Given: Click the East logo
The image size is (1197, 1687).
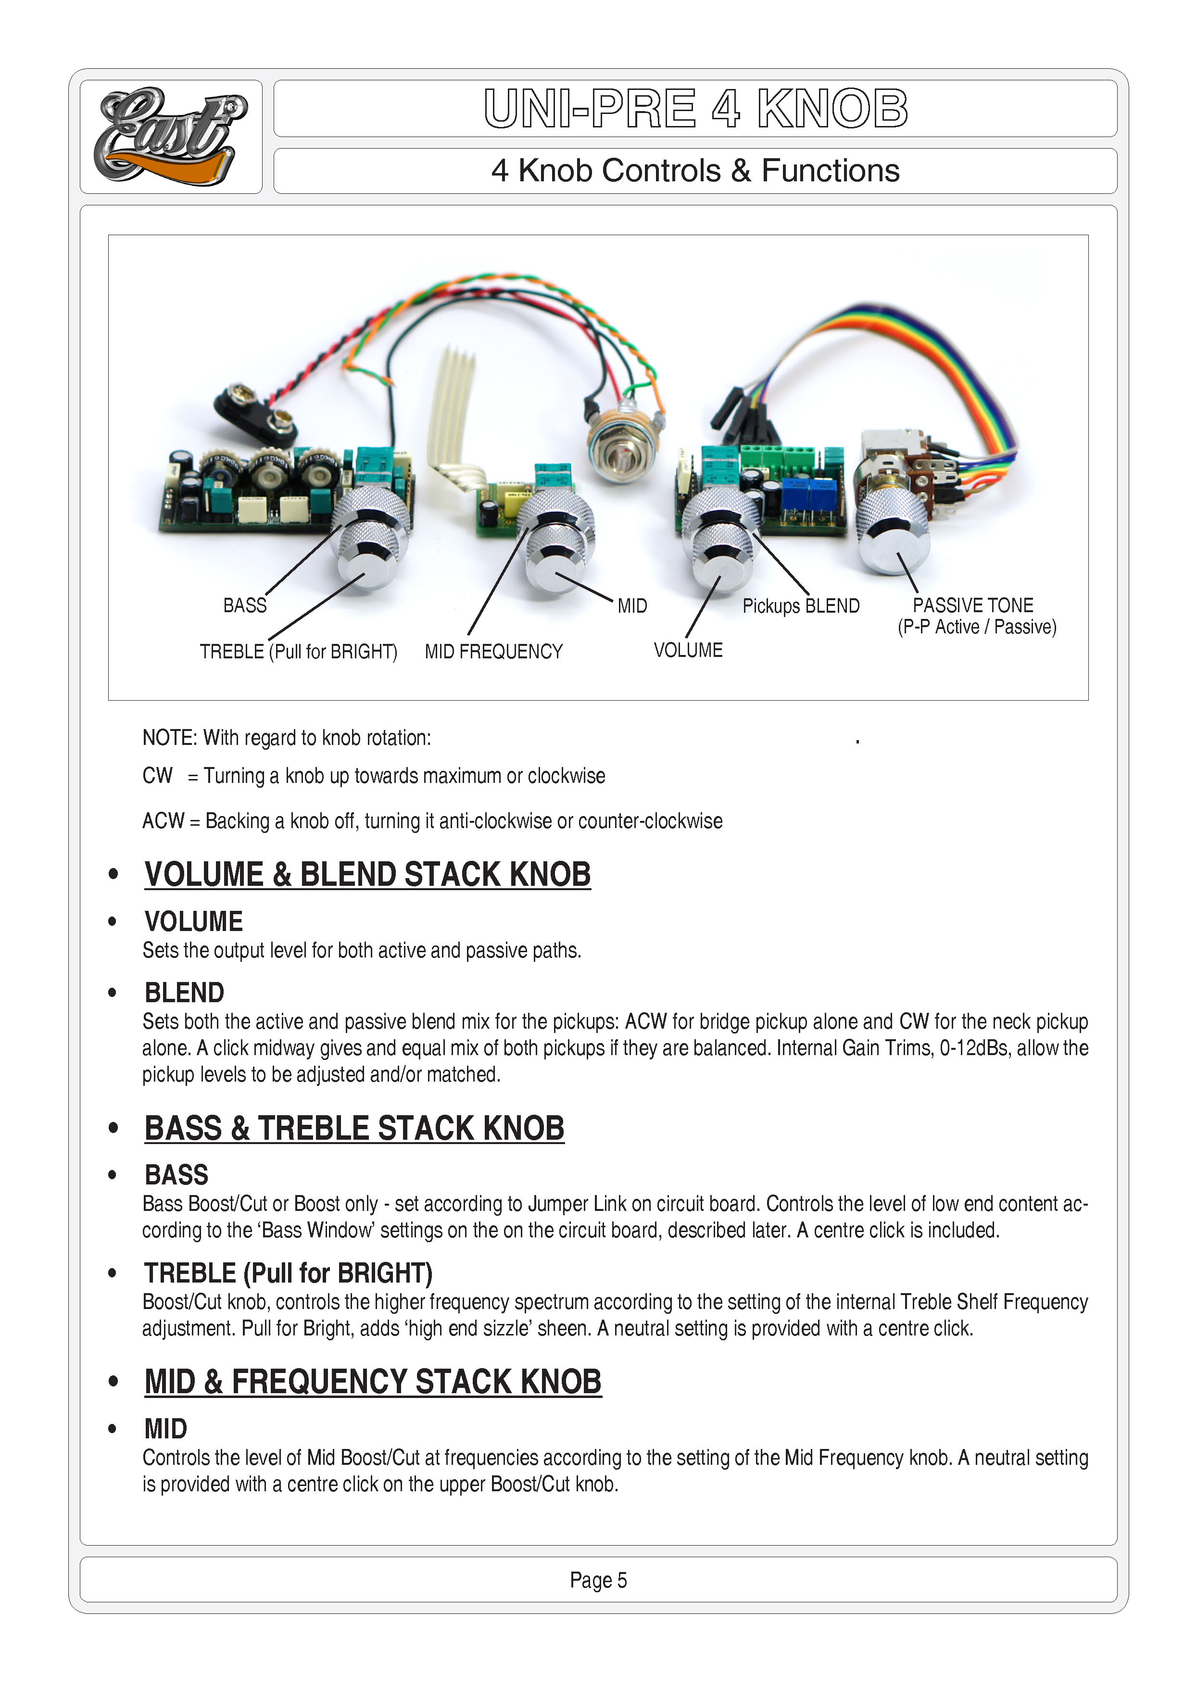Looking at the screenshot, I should (170, 137).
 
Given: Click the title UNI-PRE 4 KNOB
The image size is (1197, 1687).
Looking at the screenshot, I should (695, 108).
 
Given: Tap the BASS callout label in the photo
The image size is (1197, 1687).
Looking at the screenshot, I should (245, 606).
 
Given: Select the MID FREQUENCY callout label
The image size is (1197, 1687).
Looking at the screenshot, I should (493, 652).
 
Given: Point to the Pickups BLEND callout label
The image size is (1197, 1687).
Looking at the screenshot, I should (800, 606).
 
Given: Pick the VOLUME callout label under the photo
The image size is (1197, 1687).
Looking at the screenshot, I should (688, 650).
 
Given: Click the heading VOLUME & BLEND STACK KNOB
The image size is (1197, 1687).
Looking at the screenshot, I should (367, 875).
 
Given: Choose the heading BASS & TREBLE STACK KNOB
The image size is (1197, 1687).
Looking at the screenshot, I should (354, 1128).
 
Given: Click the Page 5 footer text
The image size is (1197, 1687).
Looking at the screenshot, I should (598, 1580).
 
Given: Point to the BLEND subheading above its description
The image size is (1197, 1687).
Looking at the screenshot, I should (184, 993).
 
